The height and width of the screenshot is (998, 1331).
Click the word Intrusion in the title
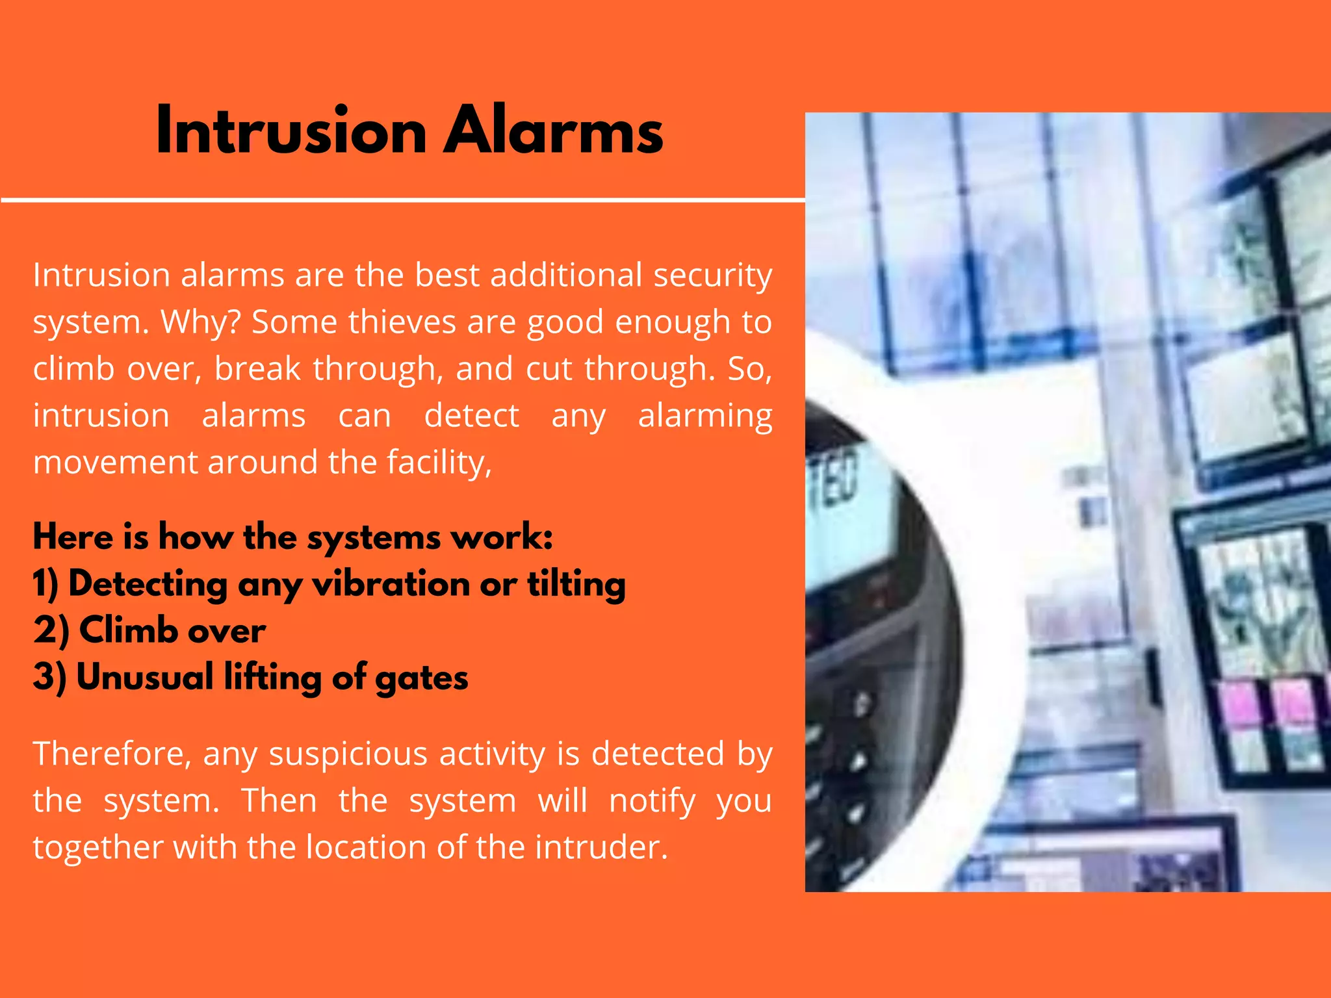tap(291, 131)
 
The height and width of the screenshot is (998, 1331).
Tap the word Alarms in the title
tap(553, 131)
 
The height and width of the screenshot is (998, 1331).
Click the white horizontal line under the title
tap(403, 200)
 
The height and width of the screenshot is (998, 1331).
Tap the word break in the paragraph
tap(258, 368)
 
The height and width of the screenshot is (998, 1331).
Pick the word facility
tap(439, 463)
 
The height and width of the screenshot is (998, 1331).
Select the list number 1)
tap(46, 583)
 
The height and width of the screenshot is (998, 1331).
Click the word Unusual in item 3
tap(145, 677)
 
